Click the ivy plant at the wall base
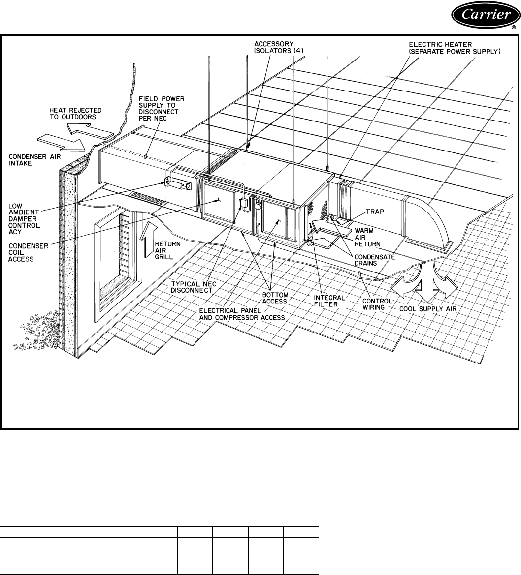pos(37,334)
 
